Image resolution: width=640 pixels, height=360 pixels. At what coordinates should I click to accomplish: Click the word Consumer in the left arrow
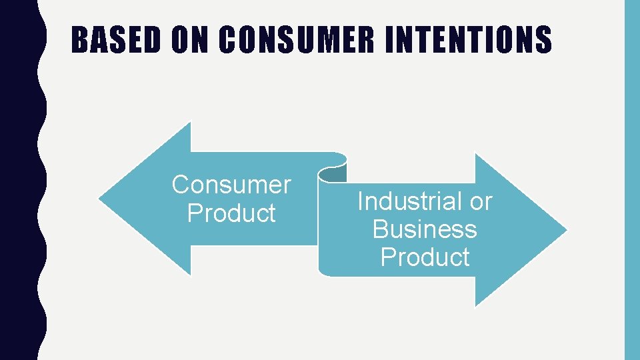pos(231,185)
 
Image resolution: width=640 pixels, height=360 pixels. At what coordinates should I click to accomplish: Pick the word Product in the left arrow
pos(231,213)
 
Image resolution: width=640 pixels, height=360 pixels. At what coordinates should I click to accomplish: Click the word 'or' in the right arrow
pos(481,201)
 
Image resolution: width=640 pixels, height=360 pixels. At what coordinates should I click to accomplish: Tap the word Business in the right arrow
pos(425,229)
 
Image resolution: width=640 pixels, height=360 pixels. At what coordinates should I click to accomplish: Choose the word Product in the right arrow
pos(425,257)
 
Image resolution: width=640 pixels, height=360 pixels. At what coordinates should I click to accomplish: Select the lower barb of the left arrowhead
pos(189,272)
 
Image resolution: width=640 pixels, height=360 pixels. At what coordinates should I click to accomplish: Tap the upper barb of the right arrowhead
pos(476,157)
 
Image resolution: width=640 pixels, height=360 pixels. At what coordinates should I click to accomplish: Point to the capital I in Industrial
pos(361,201)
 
